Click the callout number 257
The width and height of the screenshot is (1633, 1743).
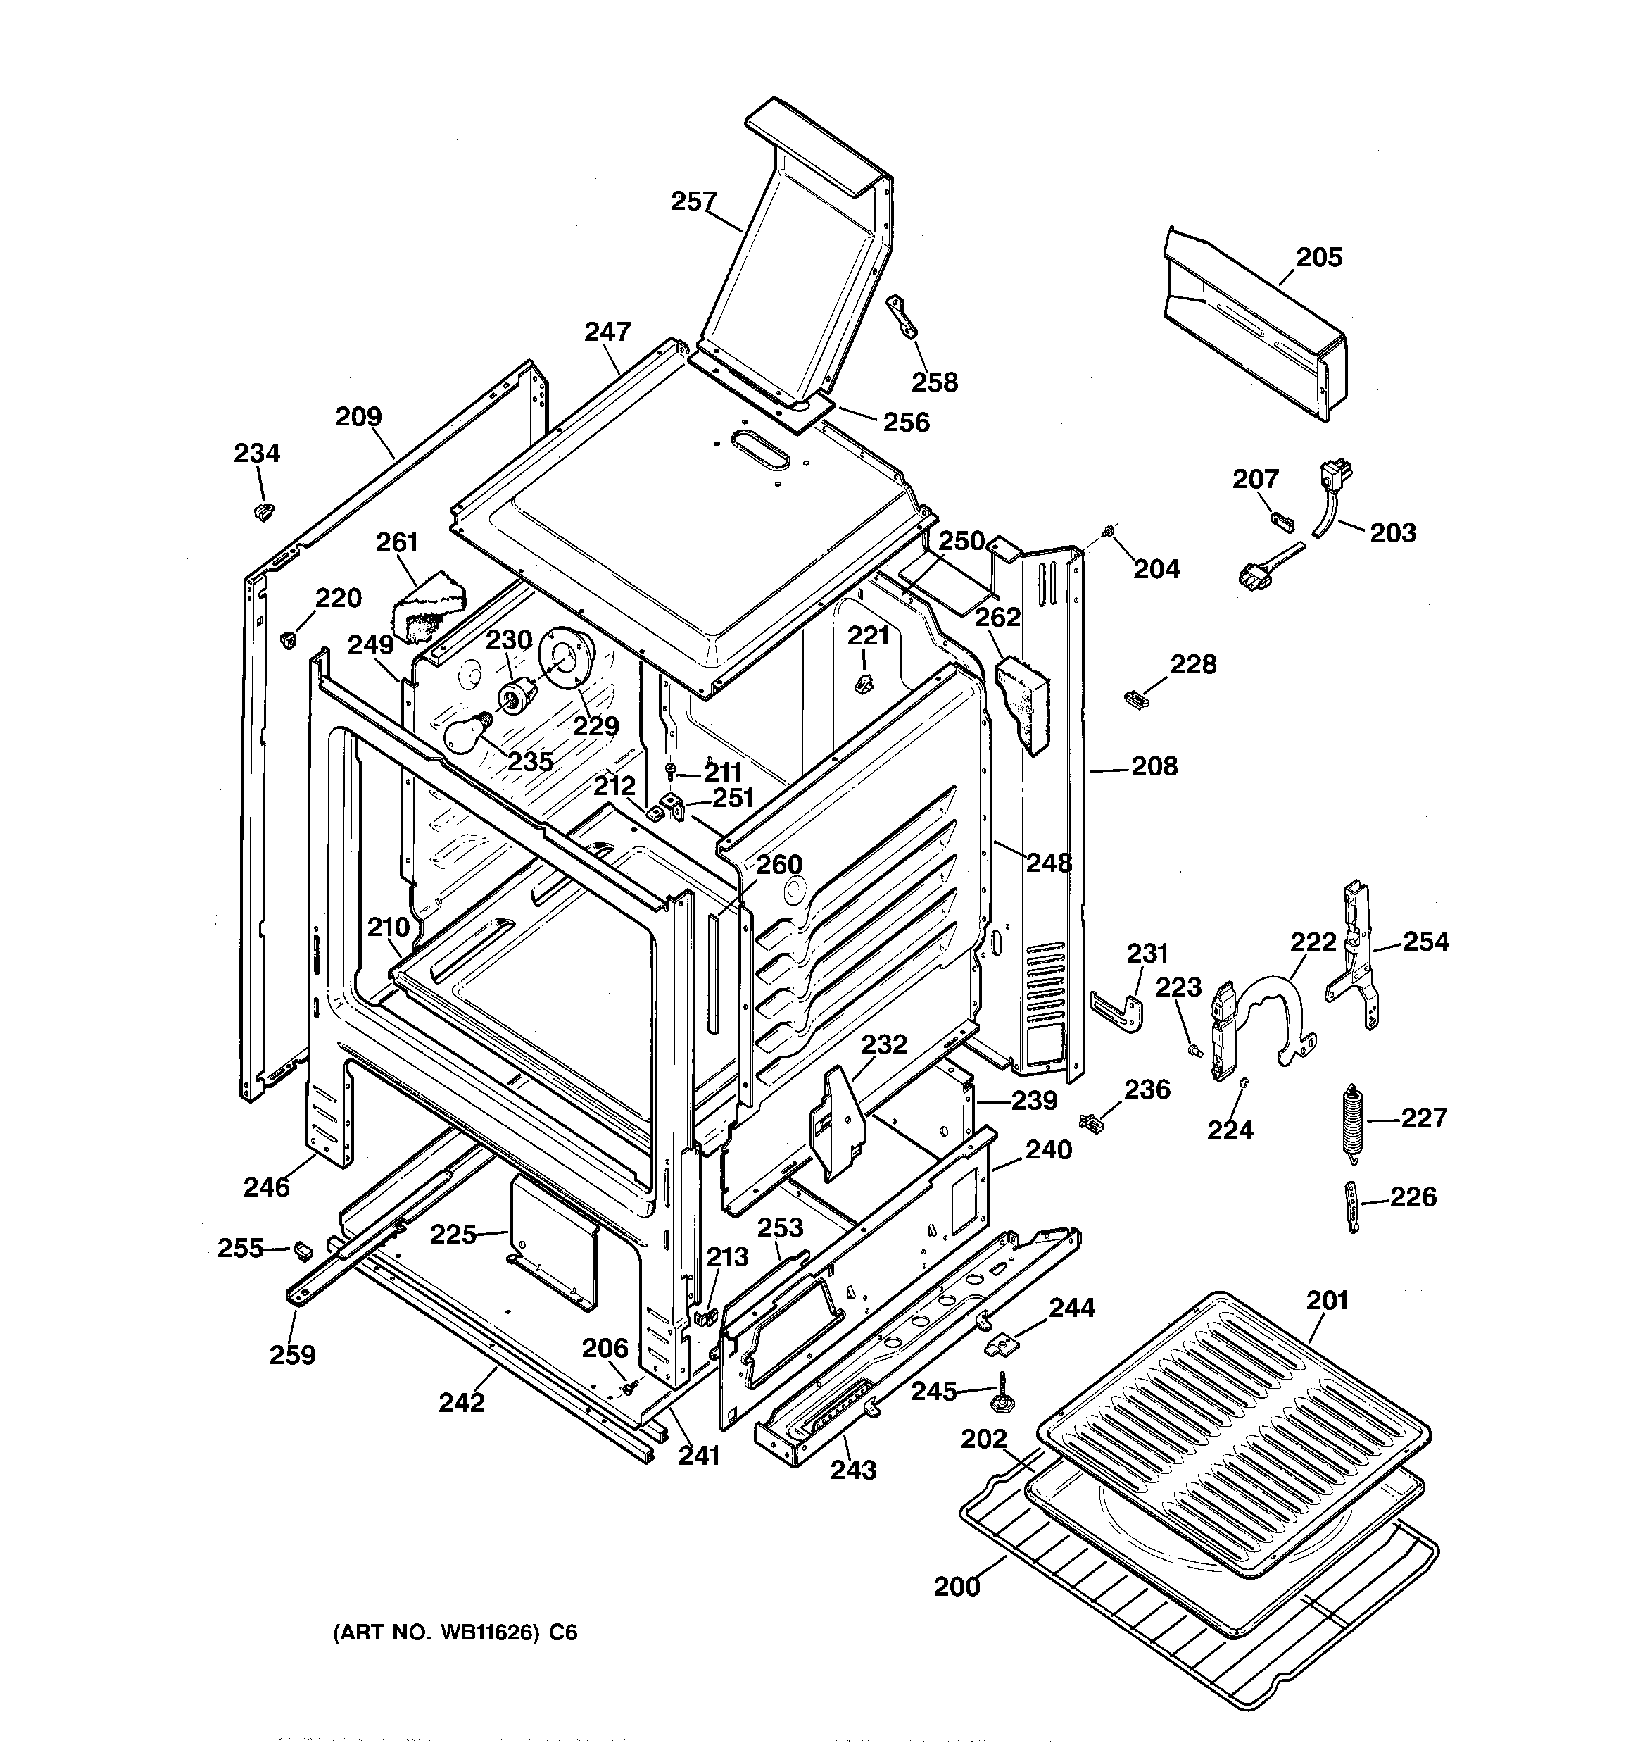click(693, 201)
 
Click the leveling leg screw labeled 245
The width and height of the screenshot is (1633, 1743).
click(1000, 1394)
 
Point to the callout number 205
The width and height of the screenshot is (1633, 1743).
click(1318, 257)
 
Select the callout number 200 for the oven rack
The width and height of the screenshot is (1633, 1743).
click(957, 1586)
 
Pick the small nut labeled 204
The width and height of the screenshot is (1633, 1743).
click(1109, 530)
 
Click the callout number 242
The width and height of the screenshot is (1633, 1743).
click(461, 1402)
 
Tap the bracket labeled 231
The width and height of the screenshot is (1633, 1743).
click(1120, 1013)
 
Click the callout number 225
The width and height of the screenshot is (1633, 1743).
click(453, 1235)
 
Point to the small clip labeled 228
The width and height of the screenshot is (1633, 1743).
click(1135, 698)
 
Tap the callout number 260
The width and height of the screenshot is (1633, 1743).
click(778, 865)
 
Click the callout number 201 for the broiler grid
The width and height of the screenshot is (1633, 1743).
click(1326, 1300)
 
